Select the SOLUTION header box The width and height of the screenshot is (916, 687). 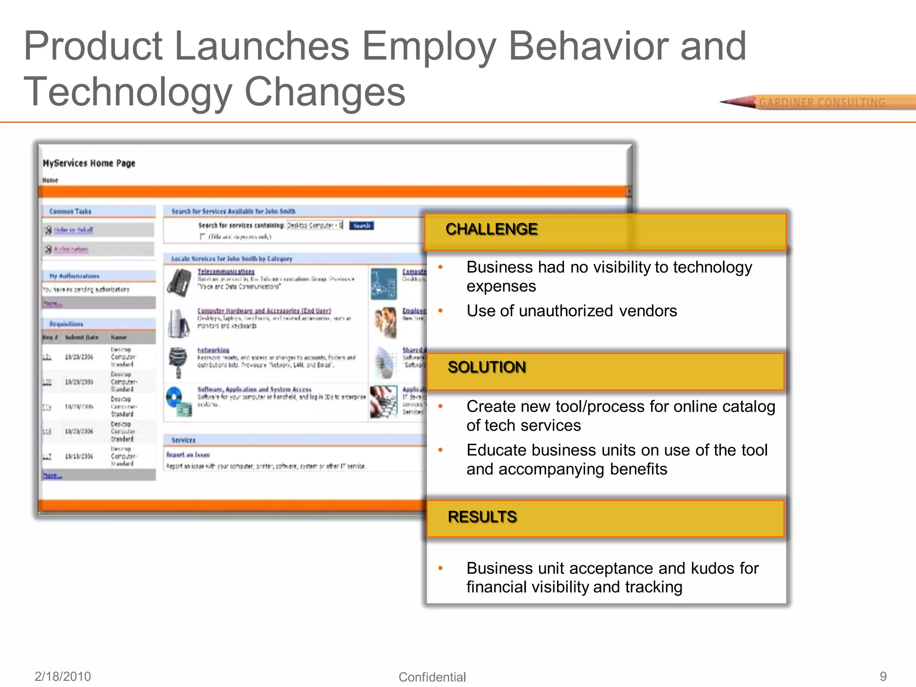(605, 371)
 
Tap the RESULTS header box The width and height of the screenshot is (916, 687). (605, 518)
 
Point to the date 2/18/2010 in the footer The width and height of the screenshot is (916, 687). (63, 676)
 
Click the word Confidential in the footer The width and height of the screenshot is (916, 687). (432, 677)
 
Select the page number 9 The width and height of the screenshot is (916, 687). (883, 676)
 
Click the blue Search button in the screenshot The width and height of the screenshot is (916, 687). (361, 225)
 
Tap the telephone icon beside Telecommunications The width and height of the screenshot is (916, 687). (179, 282)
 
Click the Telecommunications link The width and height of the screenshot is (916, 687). (226, 271)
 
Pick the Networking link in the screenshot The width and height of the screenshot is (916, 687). (213, 350)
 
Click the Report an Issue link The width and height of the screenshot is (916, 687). (188, 454)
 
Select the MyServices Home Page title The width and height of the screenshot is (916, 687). (89, 163)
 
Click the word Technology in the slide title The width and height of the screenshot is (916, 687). (128, 92)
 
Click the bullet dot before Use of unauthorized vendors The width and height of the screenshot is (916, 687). (441, 311)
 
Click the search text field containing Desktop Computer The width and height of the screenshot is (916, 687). (315, 225)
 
